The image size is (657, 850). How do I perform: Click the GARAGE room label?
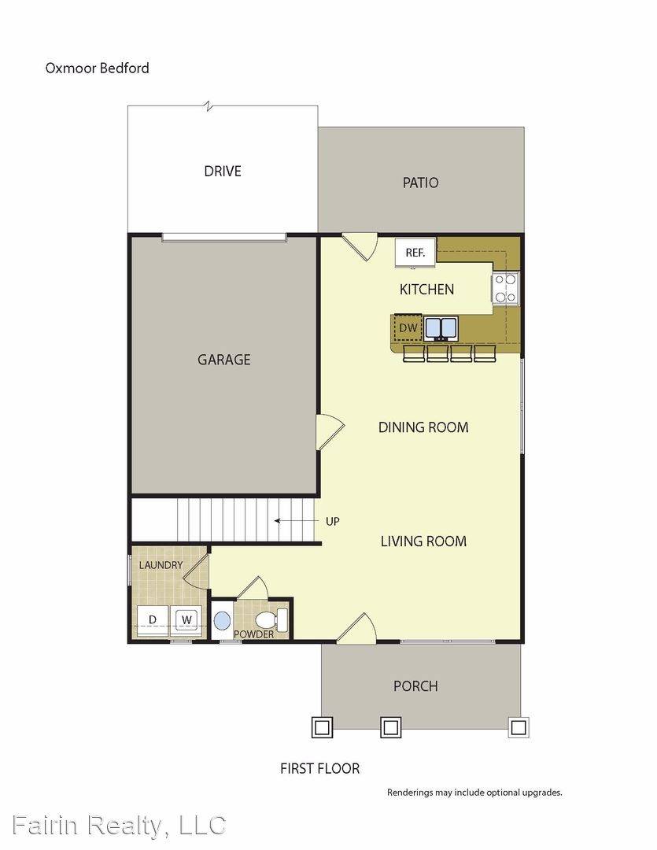click(x=224, y=360)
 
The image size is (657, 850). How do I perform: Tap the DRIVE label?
click(x=223, y=171)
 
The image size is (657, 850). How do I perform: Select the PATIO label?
click(x=420, y=183)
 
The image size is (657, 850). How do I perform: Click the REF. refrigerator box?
click(x=415, y=253)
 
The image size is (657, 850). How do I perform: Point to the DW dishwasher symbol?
click(x=408, y=327)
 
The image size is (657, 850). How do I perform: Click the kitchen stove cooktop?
click(x=505, y=287)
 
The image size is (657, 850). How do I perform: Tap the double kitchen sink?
click(x=441, y=327)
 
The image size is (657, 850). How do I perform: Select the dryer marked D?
click(x=153, y=620)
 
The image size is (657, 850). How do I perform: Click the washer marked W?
click(x=186, y=620)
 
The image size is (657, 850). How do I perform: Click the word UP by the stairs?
click(x=333, y=521)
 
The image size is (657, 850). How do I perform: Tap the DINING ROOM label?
click(x=423, y=427)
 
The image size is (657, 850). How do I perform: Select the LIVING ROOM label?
click(x=423, y=541)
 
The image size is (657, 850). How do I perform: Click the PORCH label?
click(x=415, y=686)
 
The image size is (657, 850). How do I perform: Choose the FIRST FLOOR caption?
click(x=320, y=768)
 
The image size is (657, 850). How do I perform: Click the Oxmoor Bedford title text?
click(x=97, y=68)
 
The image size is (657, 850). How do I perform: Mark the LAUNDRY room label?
click(x=161, y=565)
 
